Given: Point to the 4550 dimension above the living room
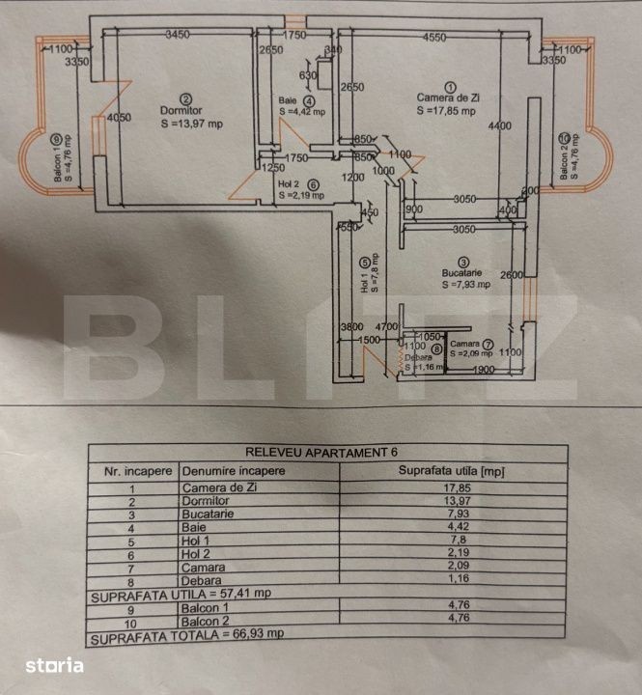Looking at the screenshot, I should click(433, 37).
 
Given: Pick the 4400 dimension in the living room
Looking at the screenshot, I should click(499, 126).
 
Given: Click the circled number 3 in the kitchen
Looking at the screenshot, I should click(464, 262).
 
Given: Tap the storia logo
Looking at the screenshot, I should click(54, 665).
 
